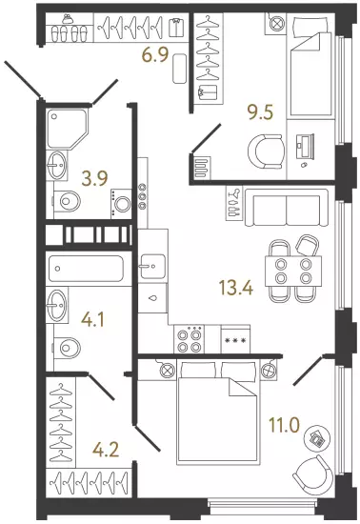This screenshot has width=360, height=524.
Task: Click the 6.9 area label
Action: pos(154,55)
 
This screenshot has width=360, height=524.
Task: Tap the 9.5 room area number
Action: pos(260,112)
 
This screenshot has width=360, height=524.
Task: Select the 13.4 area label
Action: pos(236,288)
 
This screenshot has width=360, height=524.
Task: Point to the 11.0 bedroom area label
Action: pos(284,426)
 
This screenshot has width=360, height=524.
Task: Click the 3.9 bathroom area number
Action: pos(95,178)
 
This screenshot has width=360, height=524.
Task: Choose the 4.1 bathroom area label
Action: pos(92,319)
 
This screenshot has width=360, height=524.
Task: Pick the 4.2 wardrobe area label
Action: pos(107,449)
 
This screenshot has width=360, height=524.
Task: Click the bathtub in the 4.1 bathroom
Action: pos(86,269)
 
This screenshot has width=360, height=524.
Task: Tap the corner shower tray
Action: pos(67,129)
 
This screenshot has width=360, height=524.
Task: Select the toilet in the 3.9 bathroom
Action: pos(67,201)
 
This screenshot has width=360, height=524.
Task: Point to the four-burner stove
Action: pos(189,339)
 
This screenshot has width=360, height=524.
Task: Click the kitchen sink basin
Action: pos(153,267)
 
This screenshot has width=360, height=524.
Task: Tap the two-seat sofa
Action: pos(287,208)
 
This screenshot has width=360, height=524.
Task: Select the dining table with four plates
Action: pos(293,271)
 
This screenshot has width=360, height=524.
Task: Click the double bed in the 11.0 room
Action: pos(217,412)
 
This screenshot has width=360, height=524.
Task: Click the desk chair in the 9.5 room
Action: pos(267,151)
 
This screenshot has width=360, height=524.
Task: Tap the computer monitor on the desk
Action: pos(304,147)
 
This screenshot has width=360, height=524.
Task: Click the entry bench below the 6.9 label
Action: pos(180,69)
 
